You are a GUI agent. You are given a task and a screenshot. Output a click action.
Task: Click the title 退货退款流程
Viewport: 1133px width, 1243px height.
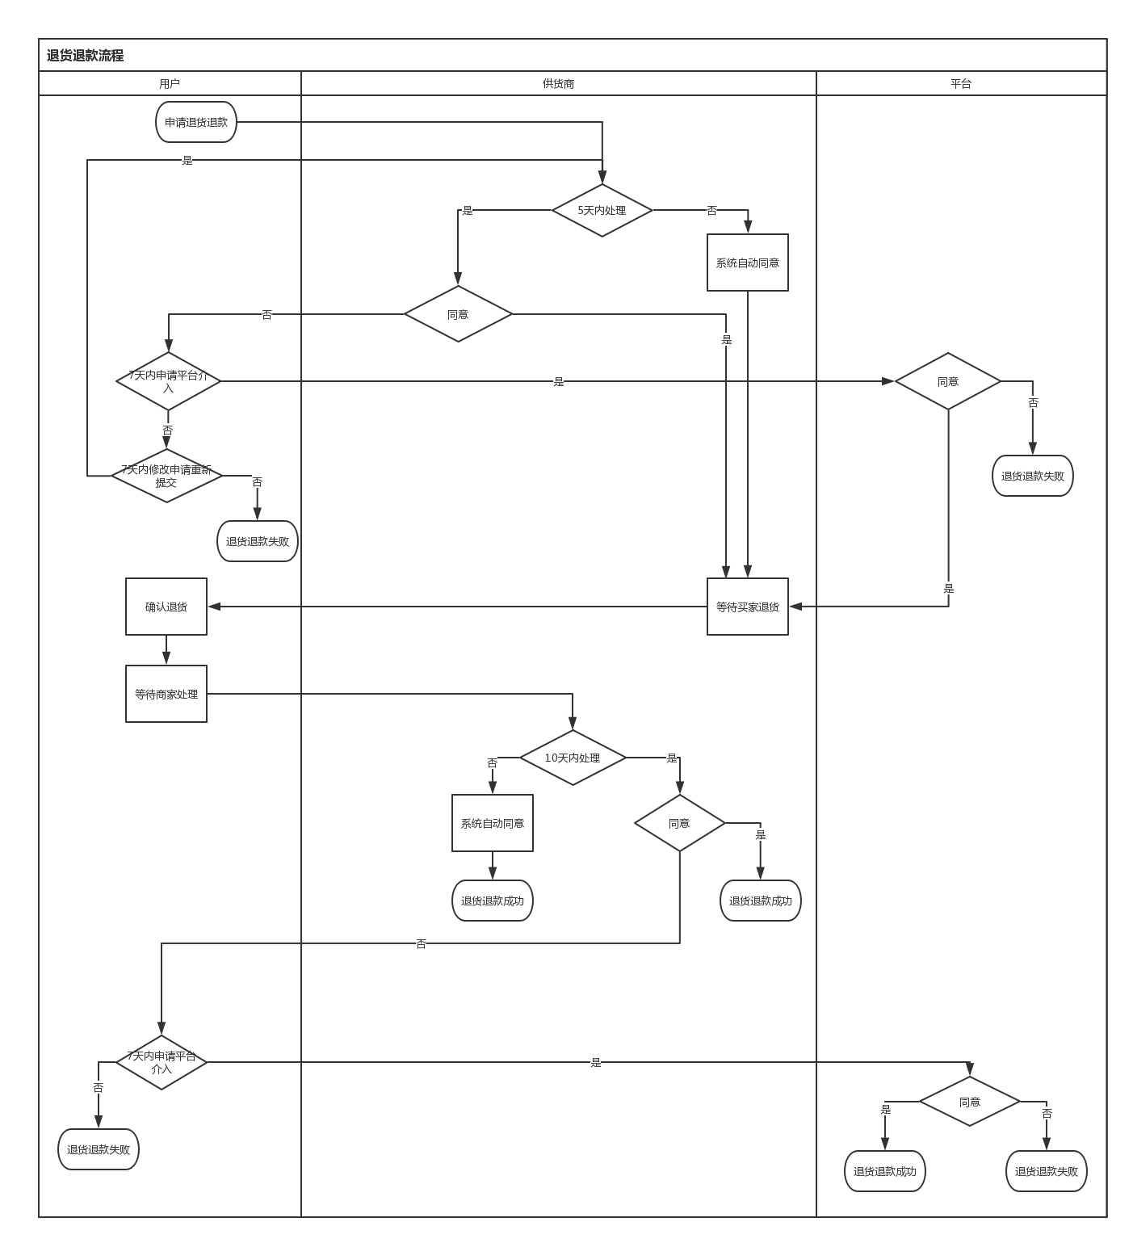[85, 56]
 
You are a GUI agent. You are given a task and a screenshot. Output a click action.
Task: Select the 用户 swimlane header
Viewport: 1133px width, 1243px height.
[170, 84]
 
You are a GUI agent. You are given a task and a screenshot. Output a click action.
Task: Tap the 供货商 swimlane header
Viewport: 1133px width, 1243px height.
[558, 84]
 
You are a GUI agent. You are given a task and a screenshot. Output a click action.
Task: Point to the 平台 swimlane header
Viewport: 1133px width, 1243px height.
[960, 84]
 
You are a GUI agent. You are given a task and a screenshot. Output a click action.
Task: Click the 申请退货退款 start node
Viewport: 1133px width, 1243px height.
[196, 123]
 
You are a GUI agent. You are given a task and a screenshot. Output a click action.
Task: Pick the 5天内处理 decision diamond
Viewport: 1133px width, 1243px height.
[602, 211]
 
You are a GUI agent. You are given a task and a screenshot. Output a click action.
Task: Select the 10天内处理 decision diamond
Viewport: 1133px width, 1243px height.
[573, 758]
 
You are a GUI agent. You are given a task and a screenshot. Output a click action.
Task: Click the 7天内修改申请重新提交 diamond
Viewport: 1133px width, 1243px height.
[166, 477]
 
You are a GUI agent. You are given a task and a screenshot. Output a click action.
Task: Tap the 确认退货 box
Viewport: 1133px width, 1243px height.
[166, 607]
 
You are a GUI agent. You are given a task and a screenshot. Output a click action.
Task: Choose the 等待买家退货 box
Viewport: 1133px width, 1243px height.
[747, 607]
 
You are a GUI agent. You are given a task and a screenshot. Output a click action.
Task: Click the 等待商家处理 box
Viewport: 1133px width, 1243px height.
[166, 695]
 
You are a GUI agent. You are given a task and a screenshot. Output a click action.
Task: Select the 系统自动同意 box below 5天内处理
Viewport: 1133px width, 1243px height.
[747, 263]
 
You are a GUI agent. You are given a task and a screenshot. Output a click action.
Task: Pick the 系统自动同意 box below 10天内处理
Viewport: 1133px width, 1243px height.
[492, 824]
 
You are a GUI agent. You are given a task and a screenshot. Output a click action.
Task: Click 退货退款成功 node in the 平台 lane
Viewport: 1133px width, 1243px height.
[884, 1172]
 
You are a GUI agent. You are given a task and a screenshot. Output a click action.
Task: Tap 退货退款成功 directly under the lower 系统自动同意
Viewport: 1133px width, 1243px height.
[492, 901]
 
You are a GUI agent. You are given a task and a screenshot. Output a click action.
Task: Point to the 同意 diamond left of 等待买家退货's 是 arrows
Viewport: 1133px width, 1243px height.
[458, 315]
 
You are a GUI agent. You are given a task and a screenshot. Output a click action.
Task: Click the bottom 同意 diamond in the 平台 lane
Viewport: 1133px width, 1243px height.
[969, 1102]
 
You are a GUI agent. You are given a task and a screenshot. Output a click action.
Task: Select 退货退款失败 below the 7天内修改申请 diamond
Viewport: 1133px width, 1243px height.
[257, 542]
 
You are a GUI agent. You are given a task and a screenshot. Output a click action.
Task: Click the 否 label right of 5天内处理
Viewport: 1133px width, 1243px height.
[711, 211]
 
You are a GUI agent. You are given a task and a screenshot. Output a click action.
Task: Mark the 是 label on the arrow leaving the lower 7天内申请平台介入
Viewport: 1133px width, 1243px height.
[596, 1063]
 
